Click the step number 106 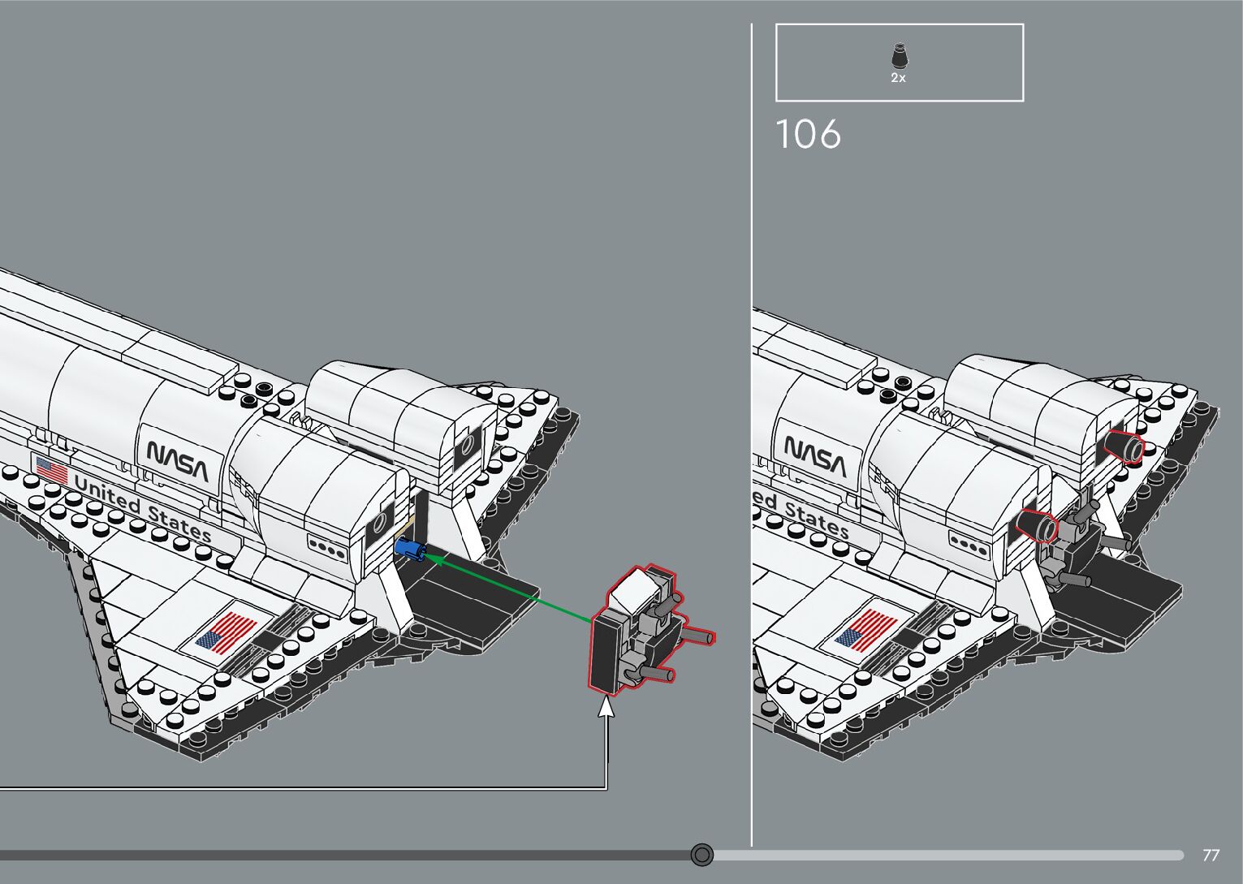coord(809,135)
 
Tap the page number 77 coord(1211,855)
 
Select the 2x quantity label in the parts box coord(898,79)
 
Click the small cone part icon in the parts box coord(899,57)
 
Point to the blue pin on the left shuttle coord(411,551)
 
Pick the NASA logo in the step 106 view coord(815,456)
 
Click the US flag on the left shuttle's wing coord(227,632)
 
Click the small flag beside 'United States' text coord(52,470)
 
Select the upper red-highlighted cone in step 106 coord(1125,448)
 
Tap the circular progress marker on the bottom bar coord(702,855)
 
